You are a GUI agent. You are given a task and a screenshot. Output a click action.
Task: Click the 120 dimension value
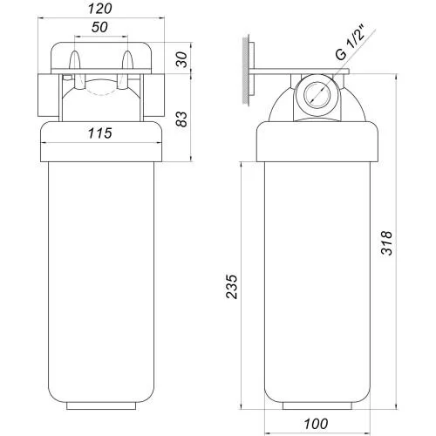tap(99, 9)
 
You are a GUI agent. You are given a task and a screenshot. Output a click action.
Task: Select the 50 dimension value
tap(99, 27)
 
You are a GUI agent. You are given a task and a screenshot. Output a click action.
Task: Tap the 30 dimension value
tap(182, 59)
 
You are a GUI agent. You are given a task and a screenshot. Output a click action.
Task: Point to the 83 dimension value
tap(182, 119)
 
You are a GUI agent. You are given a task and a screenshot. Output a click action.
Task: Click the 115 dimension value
tap(99, 133)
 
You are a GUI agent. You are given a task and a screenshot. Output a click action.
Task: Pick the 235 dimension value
tap(232, 286)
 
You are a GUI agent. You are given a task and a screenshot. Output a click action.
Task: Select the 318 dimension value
tap(386, 243)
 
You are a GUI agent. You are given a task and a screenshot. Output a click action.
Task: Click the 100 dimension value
tap(317, 424)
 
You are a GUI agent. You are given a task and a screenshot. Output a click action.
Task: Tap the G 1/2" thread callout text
tap(351, 43)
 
